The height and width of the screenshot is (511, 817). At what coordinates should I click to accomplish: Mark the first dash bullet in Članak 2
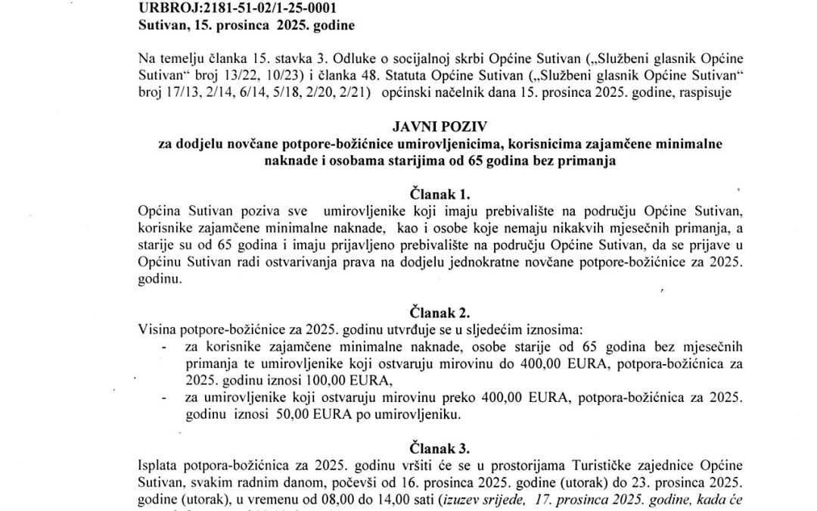tap(164, 346)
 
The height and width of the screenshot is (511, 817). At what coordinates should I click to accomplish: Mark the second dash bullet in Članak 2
tap(164, 397)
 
